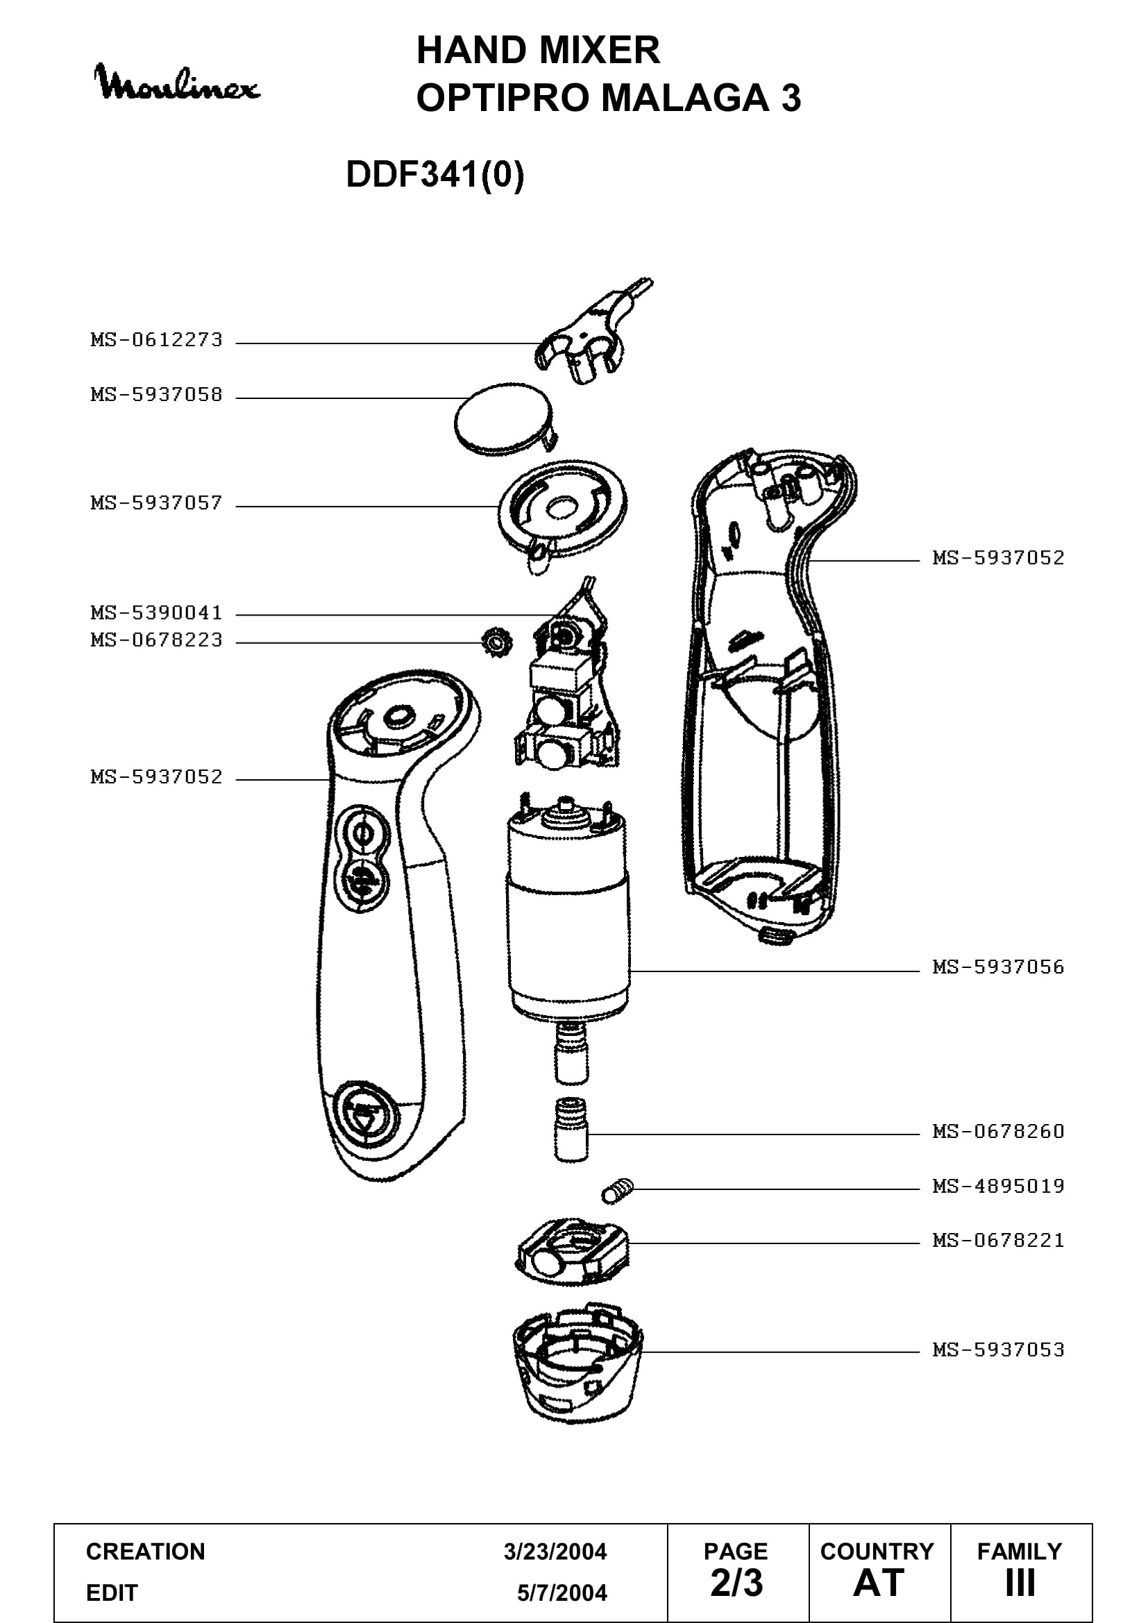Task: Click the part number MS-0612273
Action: coord(156,340)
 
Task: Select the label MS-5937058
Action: coord(156,394)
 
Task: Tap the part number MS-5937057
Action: coord(156,503)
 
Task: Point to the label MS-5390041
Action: coord(156,612)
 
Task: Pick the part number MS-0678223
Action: coord(156,640)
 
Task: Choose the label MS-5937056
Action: coord(998,967)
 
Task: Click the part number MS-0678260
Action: coord(998,1132)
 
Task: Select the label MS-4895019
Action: coord(998,1186)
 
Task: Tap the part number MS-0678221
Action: coord(998,1241)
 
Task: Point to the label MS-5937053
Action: coord(998,1350)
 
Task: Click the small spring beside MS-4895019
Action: coord(617,1191)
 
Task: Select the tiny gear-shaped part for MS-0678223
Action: coord(496,643)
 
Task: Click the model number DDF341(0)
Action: coord(435,174)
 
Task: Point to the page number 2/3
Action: coord(736,1583)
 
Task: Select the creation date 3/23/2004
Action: coord(555,1552)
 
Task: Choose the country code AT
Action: coord(879,1583)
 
